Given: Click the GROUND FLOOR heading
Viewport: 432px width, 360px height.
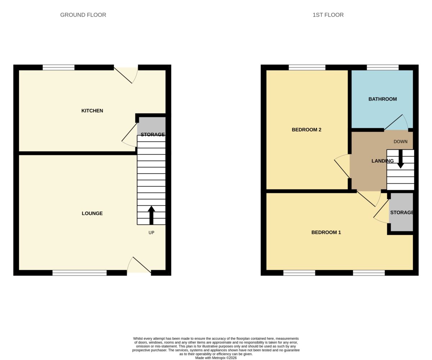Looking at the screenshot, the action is click(x=83, y=15).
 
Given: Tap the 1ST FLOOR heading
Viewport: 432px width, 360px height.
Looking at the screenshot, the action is click(x=328, y=15).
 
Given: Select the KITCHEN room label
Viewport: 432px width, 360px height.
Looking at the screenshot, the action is click(x=92, y=111).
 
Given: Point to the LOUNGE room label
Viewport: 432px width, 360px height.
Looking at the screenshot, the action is click(x=92, y=213).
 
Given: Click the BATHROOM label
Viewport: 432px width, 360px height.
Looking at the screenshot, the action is click(x=383, y=99).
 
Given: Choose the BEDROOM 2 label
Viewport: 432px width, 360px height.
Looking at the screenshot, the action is click(x=306, y=130).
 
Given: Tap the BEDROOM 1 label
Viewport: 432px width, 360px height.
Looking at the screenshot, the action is click(x=326, y=232).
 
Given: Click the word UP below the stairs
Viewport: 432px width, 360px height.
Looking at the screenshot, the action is click(x=151, y=233).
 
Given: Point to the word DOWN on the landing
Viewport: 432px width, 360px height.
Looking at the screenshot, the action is click(x=401, y=142).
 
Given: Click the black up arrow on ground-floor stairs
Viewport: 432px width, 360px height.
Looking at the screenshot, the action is click(x=152, y=215).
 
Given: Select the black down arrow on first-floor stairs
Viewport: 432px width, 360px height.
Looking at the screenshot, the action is click(x=401, y=159).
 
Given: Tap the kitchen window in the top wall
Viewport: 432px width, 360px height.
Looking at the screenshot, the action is click(x=59, y=67).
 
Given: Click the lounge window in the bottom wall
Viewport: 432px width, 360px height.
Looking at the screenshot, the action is click(x=80, y=273).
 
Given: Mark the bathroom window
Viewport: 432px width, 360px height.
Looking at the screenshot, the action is click(x=383, y=67).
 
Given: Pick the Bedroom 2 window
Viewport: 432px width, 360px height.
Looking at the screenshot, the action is click(x=307, y=67).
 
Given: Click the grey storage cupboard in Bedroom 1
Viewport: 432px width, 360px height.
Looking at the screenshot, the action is click(x=401, y=212).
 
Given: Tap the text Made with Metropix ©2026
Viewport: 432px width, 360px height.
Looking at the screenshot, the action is click(x=216, y=358).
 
